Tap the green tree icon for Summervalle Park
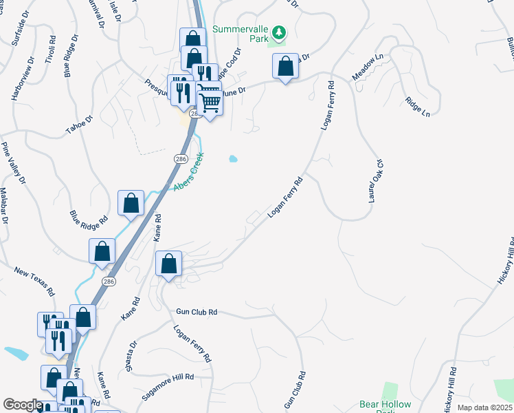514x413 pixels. pos(279,33)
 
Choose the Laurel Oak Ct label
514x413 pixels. pos(375,180)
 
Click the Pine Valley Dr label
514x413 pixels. pos(13,163)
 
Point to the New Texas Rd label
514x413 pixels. pos(34,281)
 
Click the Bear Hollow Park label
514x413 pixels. pos(385,405)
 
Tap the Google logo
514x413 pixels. pos(22,405)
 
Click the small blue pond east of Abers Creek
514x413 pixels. pos(233,159)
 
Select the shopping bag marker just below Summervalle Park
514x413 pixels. pos(285,67)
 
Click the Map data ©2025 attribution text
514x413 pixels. pos(484,407)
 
